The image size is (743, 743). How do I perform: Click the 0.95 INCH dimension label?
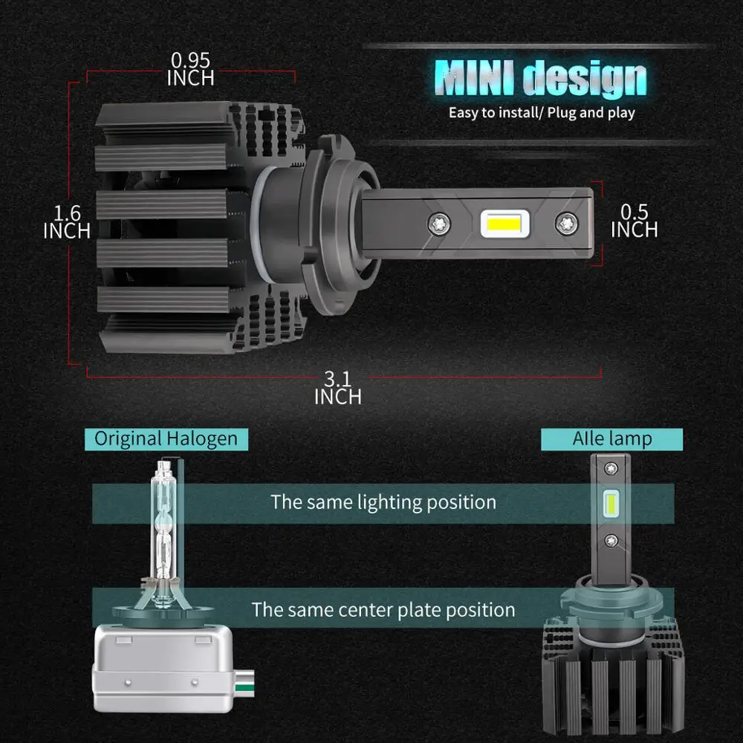[190, 69]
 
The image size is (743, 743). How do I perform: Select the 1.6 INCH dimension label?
[67, 222]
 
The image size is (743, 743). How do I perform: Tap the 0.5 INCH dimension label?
[634, 221]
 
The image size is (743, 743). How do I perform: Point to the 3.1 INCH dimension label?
[337, 388]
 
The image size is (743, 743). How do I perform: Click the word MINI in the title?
[476, 79]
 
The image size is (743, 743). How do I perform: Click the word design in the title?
[584, 79]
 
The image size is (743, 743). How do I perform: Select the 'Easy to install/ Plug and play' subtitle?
[542, 113]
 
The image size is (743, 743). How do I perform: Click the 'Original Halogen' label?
[166, 438]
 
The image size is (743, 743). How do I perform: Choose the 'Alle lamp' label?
[611, 438]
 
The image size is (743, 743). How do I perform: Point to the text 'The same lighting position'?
[383, 502]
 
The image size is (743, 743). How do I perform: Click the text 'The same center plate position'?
[383, 610]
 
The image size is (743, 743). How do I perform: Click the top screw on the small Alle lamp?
[611, 468]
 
